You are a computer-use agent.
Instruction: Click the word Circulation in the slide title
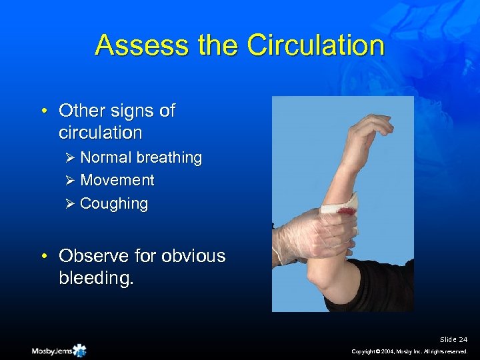point(315,46)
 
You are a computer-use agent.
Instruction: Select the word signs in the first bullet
point(136,111)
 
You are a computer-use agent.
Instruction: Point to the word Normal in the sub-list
point(107,158)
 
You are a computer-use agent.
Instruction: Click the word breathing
point(169,158)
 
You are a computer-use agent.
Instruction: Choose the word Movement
point(117,181)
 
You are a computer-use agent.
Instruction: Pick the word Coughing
point(114,204)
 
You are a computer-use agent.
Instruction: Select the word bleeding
point(96,278)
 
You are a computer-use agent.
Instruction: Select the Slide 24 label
point(453,339)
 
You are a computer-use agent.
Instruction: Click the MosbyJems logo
point(59,350)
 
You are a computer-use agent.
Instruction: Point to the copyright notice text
point(410,351)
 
